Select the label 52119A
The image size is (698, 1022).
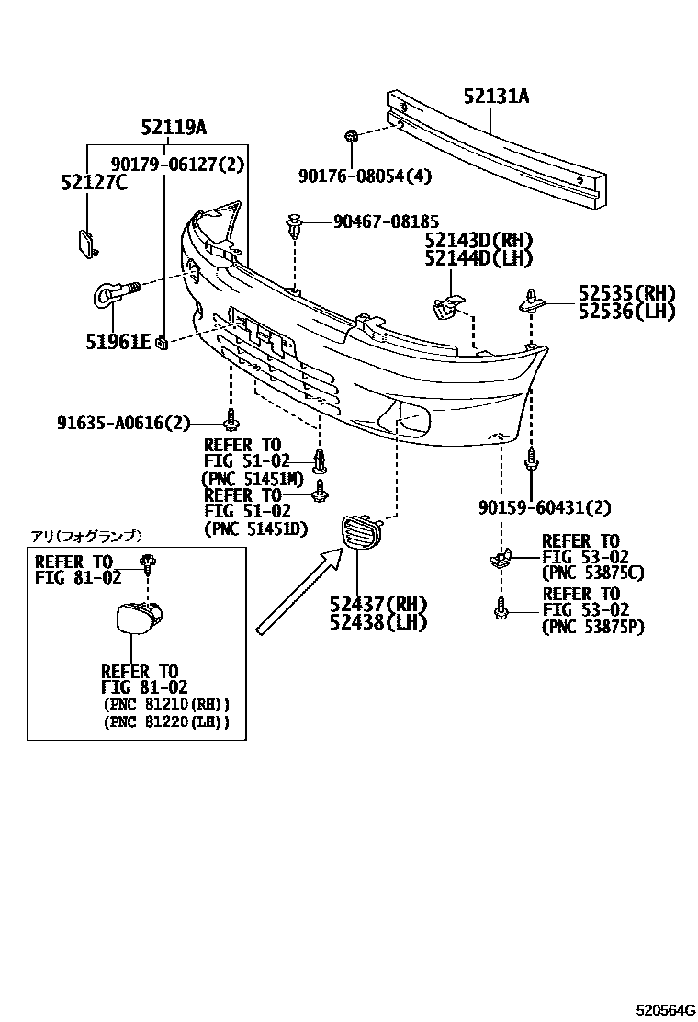pos(174,129)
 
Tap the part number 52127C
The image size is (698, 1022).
pos(94,183)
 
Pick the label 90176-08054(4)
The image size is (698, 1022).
pos(365,176)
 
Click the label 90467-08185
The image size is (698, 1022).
pos(386,221)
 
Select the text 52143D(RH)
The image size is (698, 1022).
pos(478,241)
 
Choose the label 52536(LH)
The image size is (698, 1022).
pos(626,312)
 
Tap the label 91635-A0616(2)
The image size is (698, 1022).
pos(124,423)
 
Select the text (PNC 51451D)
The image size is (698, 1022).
pos(254,529)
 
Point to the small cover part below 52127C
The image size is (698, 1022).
pos(86,243)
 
